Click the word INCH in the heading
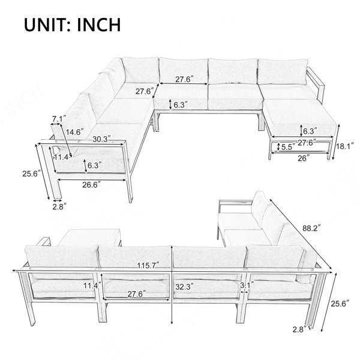(99, 25)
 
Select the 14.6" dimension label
(74, 132)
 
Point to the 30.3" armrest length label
(101, 139)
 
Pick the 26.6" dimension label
(92, 185)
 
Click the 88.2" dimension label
(311, 228)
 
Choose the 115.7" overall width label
(148, 265)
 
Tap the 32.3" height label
(185, 287)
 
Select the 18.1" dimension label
(345, 146)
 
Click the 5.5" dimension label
(288, 147)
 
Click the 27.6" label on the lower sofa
(137, 294)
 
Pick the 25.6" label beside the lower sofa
(340, 304)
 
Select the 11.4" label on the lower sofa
(92, 286)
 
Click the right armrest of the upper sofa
(316, 85)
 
